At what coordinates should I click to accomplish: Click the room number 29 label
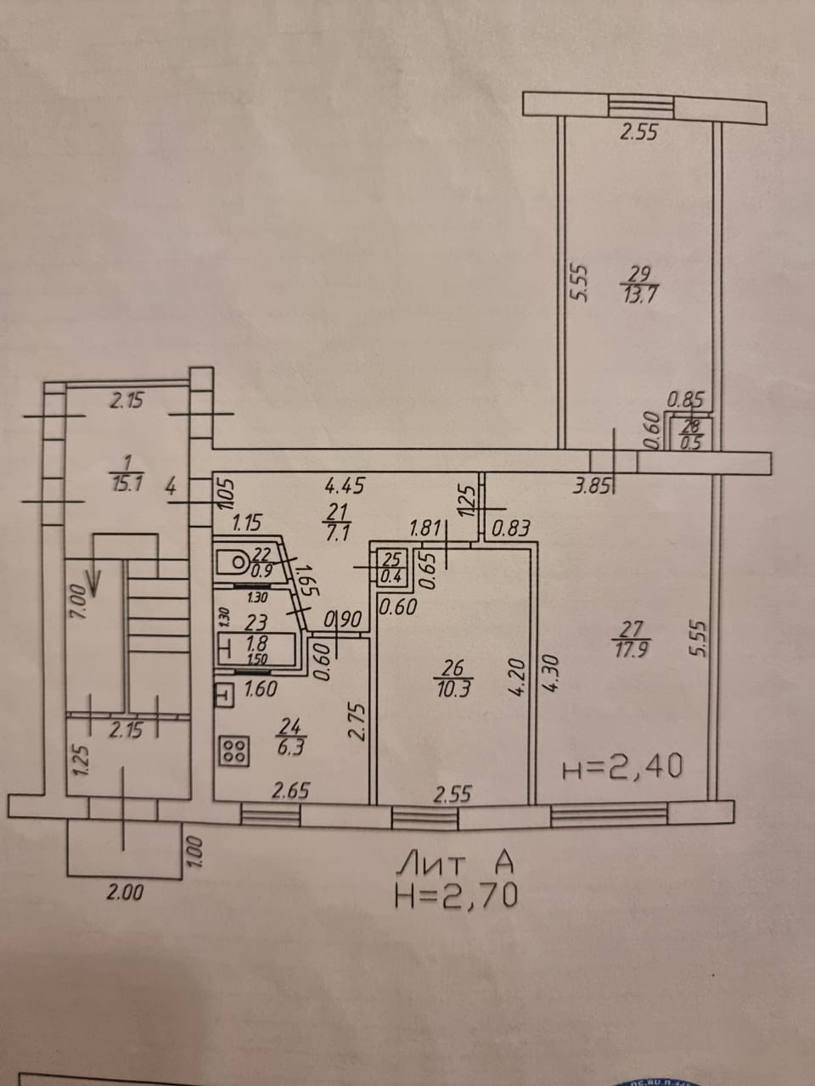(642, 274)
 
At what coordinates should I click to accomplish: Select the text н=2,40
(622, 768)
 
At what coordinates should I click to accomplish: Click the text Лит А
(456, 864)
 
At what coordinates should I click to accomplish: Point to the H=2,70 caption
(456, 896)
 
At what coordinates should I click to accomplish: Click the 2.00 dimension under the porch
(125, 893)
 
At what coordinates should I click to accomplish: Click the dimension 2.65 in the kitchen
(289, 791)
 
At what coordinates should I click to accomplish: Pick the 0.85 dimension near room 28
(686, 398)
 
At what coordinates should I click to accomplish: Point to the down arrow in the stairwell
(93, 582)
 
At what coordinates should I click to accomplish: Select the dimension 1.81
(424, 529)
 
